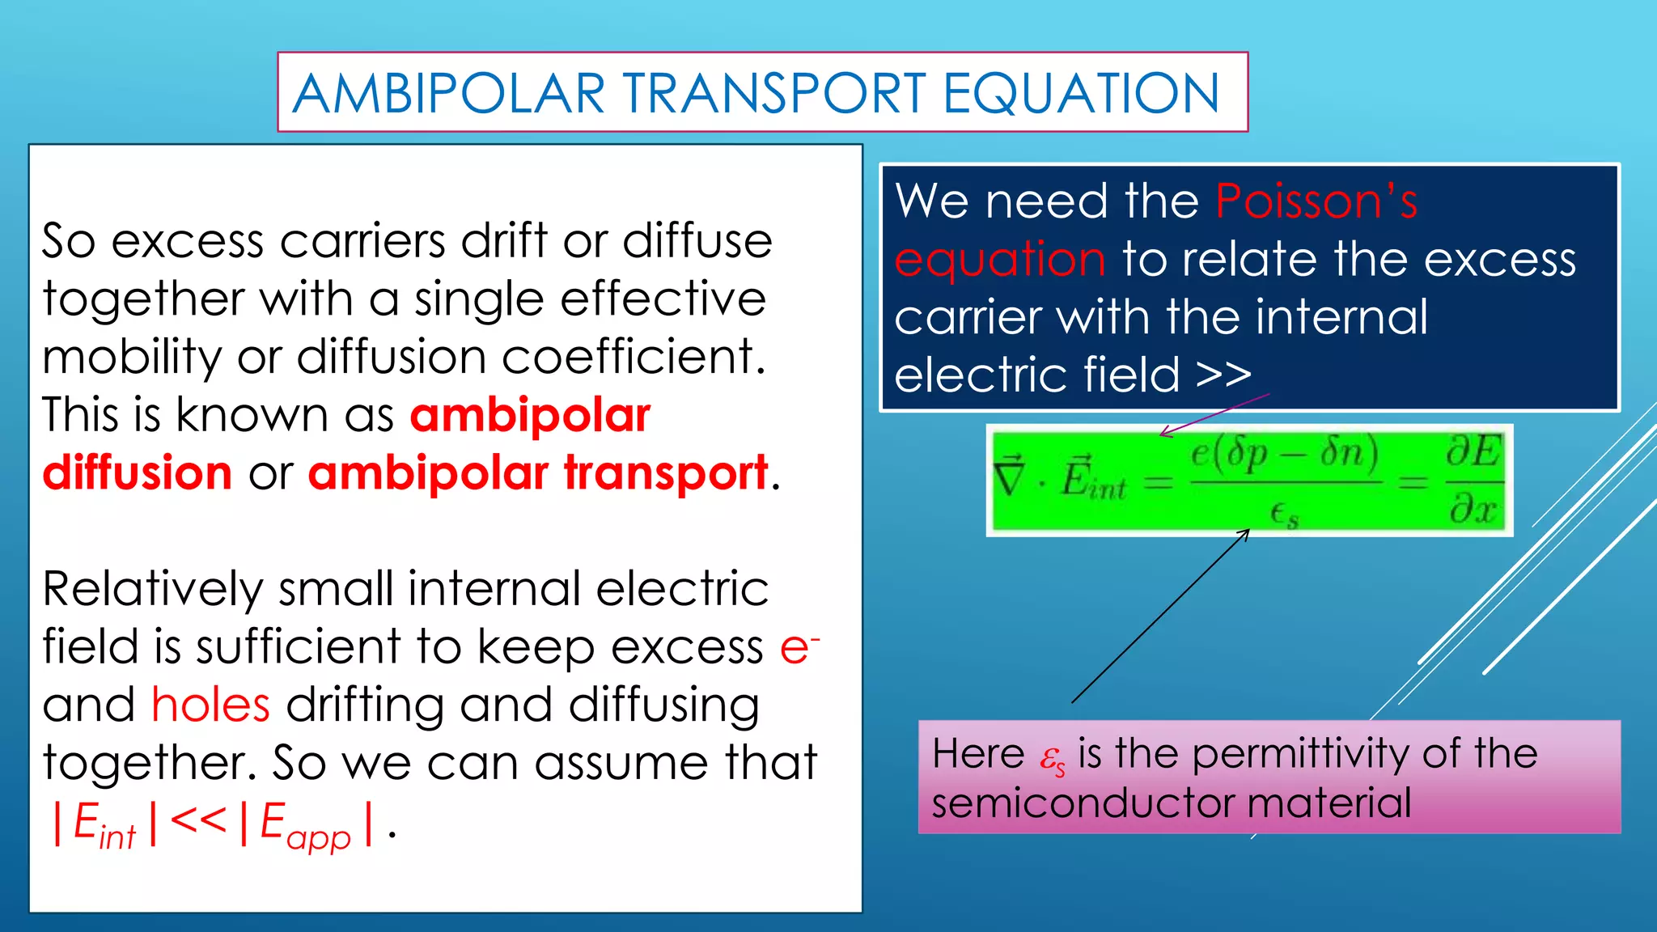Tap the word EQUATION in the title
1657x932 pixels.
[x=1081, y=93]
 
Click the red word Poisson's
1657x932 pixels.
[x=1316, y=201]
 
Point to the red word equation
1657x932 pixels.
[x=1000, y=261]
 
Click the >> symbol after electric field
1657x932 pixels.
[x=1223, y=375]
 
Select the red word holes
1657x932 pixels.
[x=210, y=705]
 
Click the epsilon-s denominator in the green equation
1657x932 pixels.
[x=1285, y=514]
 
